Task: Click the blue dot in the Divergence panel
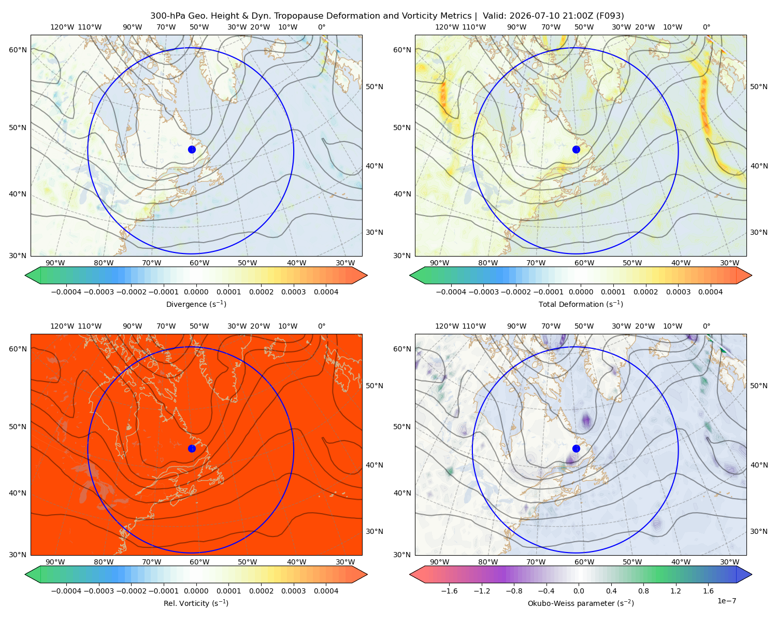pyautogui.click(x=192, y=149)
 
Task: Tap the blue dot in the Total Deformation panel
pyautogui.click(x=576, y=149)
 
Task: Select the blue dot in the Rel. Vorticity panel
pyautogui.click(x=192, y=448)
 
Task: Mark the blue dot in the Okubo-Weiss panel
pyautogui.click(x=576, y=448)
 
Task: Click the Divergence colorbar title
pyautogui.click(x=196, y=304)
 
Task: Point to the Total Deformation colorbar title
pyautogui.click(x=581, y=304)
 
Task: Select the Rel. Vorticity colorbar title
pyautogui.click(x=196, y=603)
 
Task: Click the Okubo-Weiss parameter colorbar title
pyautogui.click(x=581, y=603)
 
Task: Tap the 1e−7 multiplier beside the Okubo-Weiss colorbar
pyautogui.click(x=726, y=601)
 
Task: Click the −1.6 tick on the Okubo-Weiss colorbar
pyautogui.click(x=449, y=590)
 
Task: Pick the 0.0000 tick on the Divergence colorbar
pyautogui.click(x=196, y=292)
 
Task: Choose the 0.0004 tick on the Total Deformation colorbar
pyautogui.click(x=710, y=292)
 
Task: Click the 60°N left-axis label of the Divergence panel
pyautogui.click(x=18, y=50)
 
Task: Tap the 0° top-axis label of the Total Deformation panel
pyautogui.click(x=706, y=27)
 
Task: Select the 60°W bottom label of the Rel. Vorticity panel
pyautogui.click(x=199, y=562)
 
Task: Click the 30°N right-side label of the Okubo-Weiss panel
pyautogui.click(x=758, y=531)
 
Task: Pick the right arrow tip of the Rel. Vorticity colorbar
pyautogui.click(x=367, y=574)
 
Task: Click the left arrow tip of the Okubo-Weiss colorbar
pyautogui.click(x=409, y=574)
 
